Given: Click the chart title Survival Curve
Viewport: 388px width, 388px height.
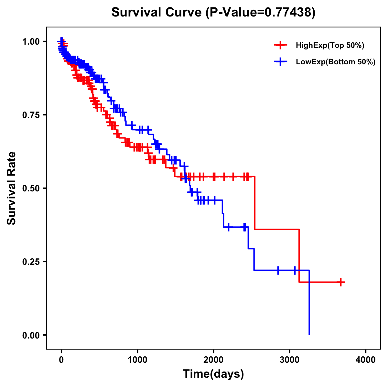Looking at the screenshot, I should tap(157, 12).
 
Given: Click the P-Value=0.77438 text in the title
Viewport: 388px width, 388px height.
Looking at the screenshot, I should tap(260, 12).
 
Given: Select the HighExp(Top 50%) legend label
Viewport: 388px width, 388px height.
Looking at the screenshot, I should tap(330, 46).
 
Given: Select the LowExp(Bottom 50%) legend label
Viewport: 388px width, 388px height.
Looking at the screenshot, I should tap(335, 62).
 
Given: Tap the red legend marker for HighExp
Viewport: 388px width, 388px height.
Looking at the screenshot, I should tap(280, 45).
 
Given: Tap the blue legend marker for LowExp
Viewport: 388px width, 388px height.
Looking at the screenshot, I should tap(280, 61).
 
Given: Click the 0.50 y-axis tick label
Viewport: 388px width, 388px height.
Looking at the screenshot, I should tap(31, 188).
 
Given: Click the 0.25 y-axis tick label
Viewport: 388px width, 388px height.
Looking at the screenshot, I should tap(31, 262).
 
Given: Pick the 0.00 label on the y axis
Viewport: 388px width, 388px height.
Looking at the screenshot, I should tap(31, 335).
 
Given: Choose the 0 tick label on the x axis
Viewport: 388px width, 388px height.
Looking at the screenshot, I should tap(61, 360).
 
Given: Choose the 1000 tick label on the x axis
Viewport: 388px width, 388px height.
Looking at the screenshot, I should tap(137, 360).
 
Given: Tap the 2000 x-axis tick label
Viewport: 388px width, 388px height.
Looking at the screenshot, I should tap(213, 360).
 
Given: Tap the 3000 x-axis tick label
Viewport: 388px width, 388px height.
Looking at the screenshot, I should tap(290, 360).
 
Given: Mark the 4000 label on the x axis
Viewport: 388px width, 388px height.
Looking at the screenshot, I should tap(366, 360).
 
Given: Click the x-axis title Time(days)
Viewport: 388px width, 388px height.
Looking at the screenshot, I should tap(213, 374).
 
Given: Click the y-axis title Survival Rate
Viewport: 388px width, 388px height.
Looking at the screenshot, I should tap(12, 188).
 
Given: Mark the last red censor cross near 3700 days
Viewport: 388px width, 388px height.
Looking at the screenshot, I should tap(340, 282).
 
